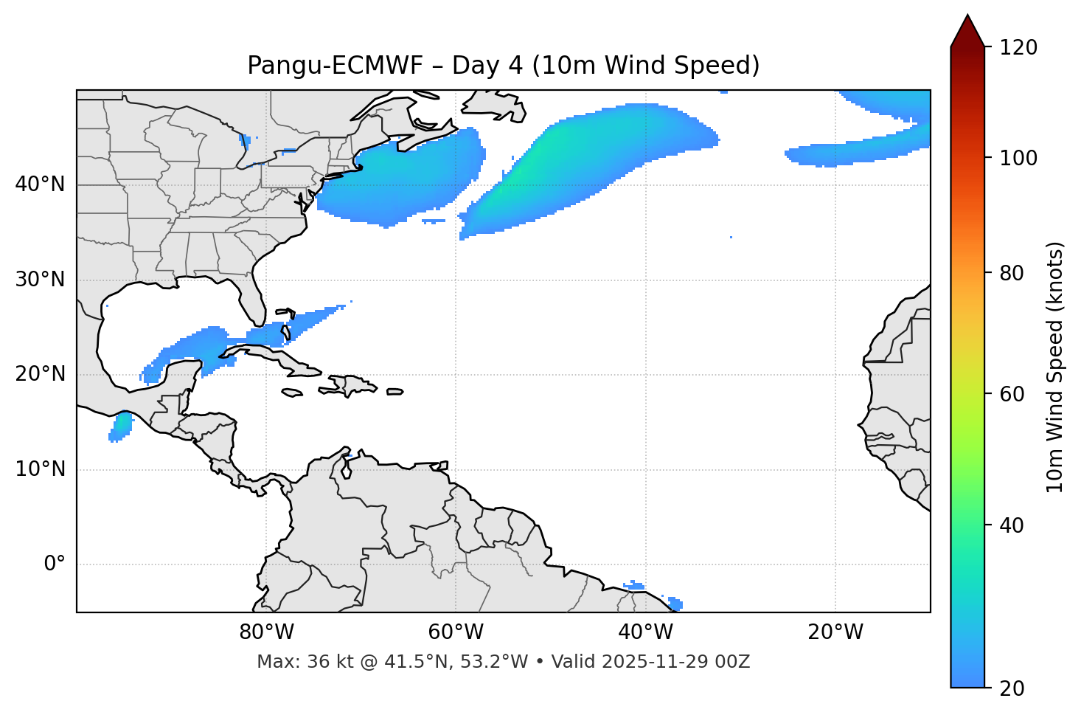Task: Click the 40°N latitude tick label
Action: pyautogui.click(x=40, y=184)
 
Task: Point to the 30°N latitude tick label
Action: pyautogui.click(x=40, y=280)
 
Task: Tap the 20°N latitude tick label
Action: pyautogui.click(x=40, y=374)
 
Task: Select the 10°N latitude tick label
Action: pyautogui.click(x=40, y=469)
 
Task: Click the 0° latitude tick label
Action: pyautogui.click(x=55, y=564)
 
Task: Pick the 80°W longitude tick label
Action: pyautogui.click(x=266, y=632)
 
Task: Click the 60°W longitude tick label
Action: pyautogui.click(x=456, y=632)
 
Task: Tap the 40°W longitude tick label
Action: pyautogui.click(x=645, y=632)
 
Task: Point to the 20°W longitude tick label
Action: pyautogui.click(x=835, y=632)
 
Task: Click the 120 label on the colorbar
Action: pyautogui.click(x=1018, y=48)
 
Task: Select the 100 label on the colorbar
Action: pyautogui.click(x=1018, y=158)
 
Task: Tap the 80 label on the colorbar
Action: pyautogui.click(x=1012, y=273)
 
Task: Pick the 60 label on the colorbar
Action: pyautogui.click(x=1012, y=394)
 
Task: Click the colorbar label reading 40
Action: pyautogui.click(x=1012, y=525)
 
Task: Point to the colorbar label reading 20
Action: pyautogui.click(x=1012, y=688)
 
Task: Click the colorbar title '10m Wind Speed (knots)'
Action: pyautogui.click(x=1055, y=367)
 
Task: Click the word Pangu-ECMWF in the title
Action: pyautogui.click(x=335, y=66)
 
